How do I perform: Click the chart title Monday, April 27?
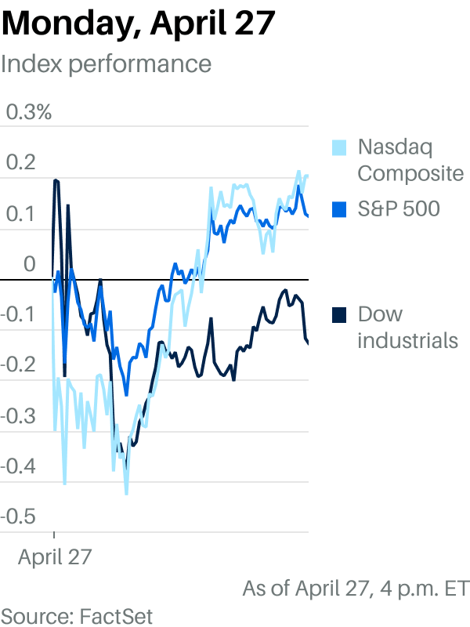pos(139,24)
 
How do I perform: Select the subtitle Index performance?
pos(107,63)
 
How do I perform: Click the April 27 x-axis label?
pos(55,557)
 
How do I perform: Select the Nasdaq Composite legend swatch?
pos(339,147)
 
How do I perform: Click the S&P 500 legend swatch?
pos(339,208)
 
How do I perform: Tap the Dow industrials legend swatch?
pos(339,314)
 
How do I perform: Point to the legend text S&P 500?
pos(399,208)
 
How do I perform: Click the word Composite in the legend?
pos(410,173)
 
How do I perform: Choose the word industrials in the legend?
pos(407,341)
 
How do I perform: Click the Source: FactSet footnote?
pos(77,614)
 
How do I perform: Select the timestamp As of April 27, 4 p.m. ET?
pos(356,588)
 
